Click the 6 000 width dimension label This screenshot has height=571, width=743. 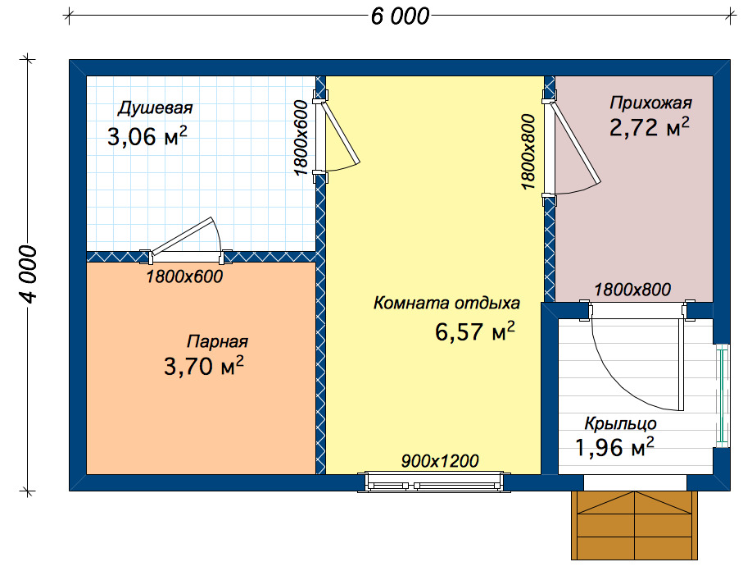click(x=400, y=16)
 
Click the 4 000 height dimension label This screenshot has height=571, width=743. click(x=28, y=274)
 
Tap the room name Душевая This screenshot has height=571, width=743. click(x=155, y=107)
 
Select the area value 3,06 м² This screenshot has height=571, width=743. click(x=147, y=136)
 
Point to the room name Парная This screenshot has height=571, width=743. click(x=217, y=341)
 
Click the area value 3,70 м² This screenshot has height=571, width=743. click(x=204, y=366)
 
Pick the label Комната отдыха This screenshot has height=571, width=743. click(x=446, y=303)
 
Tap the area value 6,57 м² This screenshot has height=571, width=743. click(x=475, y=331)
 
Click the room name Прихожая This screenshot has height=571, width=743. click(x=650, y=103)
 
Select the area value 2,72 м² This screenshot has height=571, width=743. click(x=649, y=127)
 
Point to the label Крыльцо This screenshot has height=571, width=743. click(x=620, y=423)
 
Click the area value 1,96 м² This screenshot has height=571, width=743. click(x=614, y=447)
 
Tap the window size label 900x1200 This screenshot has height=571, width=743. click(x=440, y=461)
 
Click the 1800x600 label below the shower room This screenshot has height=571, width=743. click(x=184, y=276)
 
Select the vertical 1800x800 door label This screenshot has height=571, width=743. click(x=528, y=152)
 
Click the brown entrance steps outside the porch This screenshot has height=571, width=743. click(x=635, y=525)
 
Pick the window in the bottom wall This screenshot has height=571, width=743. click(x=433, y=482)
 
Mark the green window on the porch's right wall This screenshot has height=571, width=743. click(x=723, y=395)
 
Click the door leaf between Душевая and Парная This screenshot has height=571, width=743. click(x=183, y=235)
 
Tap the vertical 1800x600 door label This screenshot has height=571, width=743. click(x=301, y=138)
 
